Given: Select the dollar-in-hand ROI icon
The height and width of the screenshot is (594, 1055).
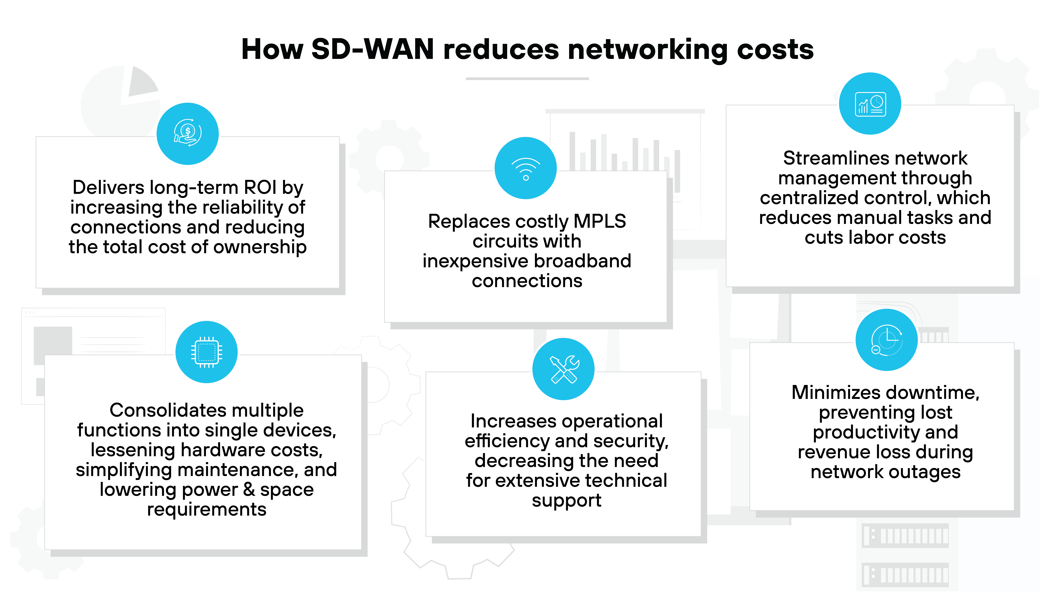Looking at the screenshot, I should (188, 134).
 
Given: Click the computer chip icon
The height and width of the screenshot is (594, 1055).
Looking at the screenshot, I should (206, 352).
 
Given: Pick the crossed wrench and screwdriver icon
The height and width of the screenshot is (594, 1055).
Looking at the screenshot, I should (564, 369).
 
